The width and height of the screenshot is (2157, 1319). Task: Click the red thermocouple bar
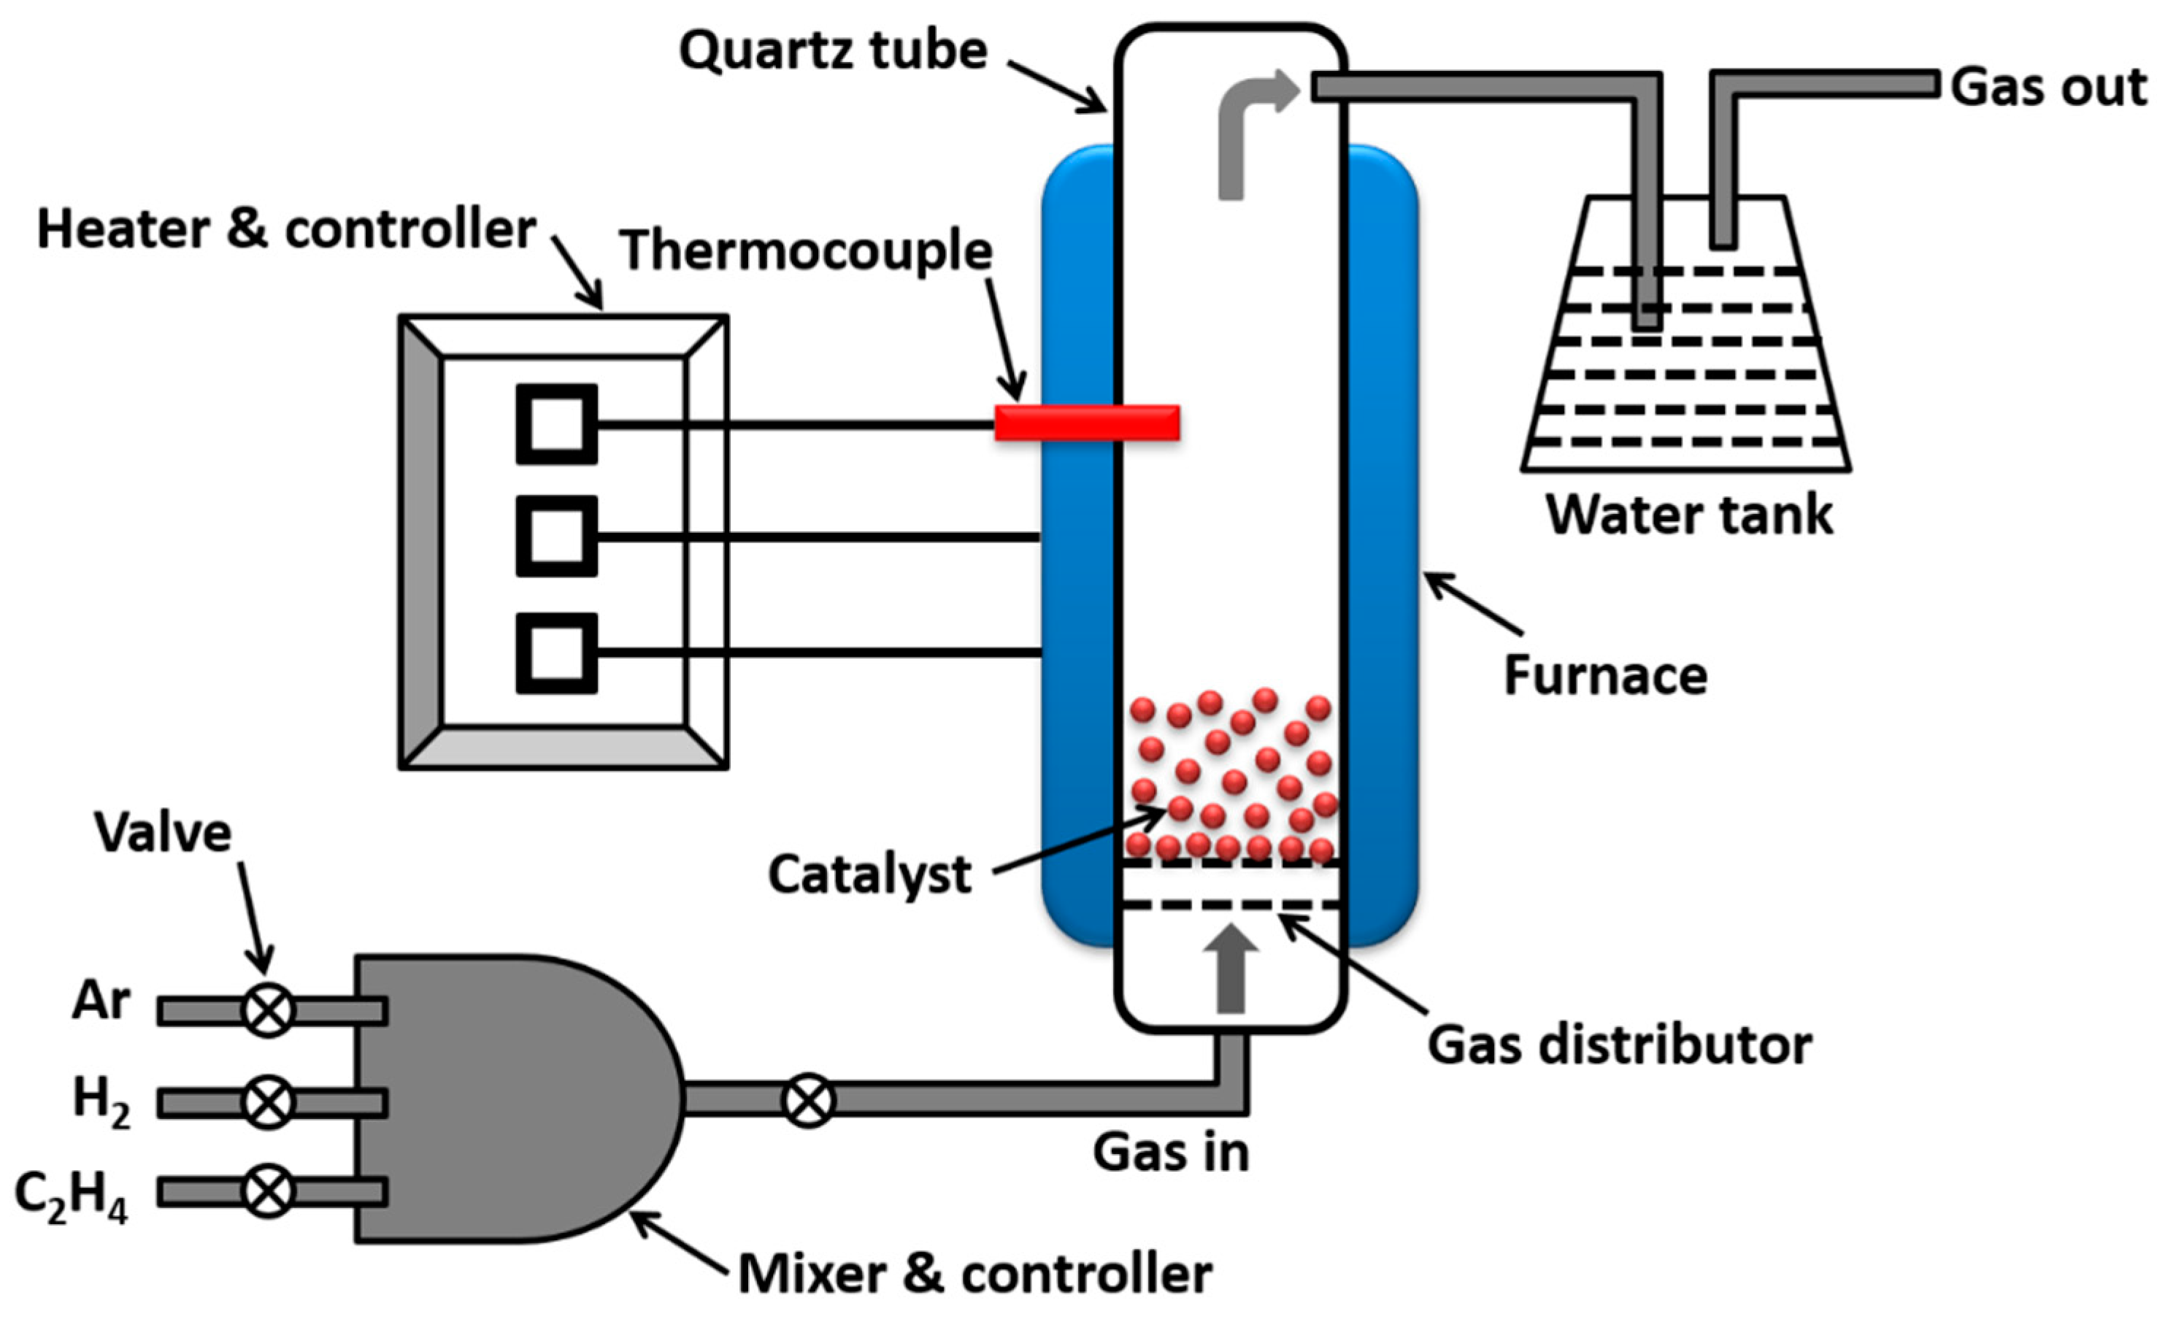[x=1086, y=423]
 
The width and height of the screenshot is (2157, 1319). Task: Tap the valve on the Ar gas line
[x=268, y=1011]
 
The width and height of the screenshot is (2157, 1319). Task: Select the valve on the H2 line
[x=268, y=1102]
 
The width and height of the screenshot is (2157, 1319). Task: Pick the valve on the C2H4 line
[x=268, y=1191]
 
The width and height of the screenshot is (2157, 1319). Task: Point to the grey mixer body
[x=508, y=1099]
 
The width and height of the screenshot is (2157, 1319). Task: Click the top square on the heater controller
[x=557, y=425]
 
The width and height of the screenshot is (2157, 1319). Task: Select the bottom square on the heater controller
[x=557, y=654]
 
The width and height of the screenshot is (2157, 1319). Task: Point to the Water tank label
[x=1688, y=514]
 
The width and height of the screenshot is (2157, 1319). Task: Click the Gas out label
[x=2048, y=88]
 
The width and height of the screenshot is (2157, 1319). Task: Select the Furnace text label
[x=1605, y=676]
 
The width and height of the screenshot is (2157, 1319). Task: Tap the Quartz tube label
[x=834, y=51]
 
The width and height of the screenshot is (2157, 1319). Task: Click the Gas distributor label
[x=1620, y=1045]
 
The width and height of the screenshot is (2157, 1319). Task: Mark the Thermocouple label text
[x=805, y=251]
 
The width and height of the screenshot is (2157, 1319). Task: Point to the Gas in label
[x=1170, y=1152]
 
